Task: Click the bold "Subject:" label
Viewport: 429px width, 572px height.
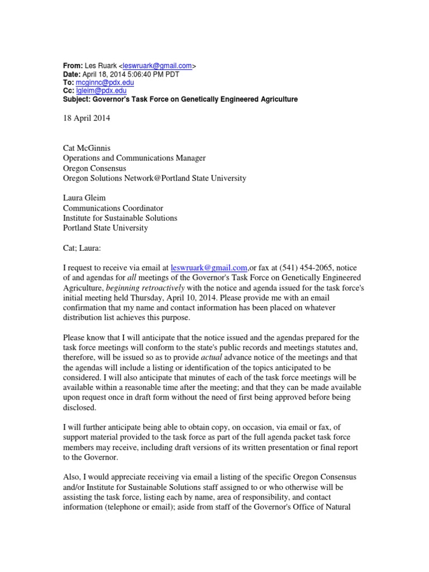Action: (78, 99)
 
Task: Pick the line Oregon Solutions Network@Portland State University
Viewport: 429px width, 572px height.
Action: (154, 178)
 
